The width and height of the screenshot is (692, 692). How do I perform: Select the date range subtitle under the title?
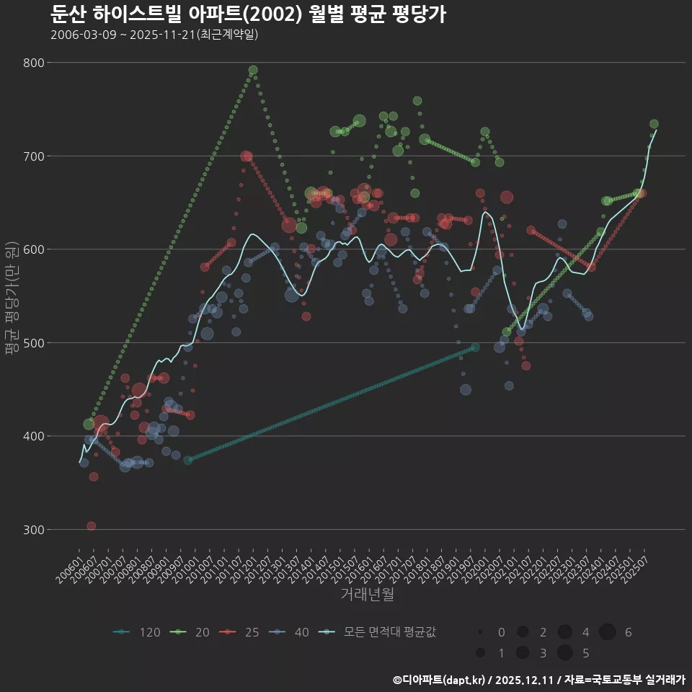click(x=154, y=35)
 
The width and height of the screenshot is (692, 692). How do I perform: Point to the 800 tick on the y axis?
click(x=35, y=63)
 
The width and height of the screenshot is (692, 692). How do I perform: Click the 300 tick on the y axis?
click(x=35, y=529)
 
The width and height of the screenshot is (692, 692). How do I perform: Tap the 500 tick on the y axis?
click(x=35, y=342)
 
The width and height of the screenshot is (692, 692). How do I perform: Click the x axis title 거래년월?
click(x=367, y=595)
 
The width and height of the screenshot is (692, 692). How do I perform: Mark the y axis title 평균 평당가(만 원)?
click(x=12, y=296)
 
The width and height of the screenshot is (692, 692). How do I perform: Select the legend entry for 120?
click(x=137, y=632)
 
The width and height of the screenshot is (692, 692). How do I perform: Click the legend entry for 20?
click(x=192, y=632)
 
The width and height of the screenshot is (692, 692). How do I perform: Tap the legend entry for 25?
click(x=241, y=632)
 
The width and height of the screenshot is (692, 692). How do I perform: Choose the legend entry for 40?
click(x=291, y=632)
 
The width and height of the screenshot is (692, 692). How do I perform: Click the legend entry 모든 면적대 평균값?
click(x=378, y=632)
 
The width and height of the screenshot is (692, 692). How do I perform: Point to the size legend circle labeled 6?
click(x=608, y=632)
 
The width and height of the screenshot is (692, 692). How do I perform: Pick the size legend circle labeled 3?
click(x=523, y=653)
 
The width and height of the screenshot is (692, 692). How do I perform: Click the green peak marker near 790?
click(x=253, y=71)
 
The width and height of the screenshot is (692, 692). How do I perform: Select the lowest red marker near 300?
click(x=91, y=526)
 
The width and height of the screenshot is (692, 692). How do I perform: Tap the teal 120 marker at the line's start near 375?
click(x=188, y=460)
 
